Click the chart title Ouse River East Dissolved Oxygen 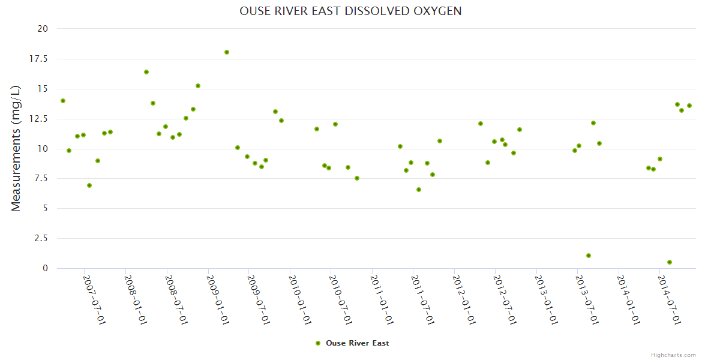350,11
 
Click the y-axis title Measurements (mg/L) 16,148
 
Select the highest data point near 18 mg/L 227,52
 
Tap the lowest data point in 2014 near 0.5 670,262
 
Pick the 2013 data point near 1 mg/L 589,256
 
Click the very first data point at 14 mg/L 63,101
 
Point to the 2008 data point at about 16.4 146,72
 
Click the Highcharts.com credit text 673,355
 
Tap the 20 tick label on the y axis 43,29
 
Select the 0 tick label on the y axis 45,268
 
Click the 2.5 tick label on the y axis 41,238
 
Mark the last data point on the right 689,106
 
